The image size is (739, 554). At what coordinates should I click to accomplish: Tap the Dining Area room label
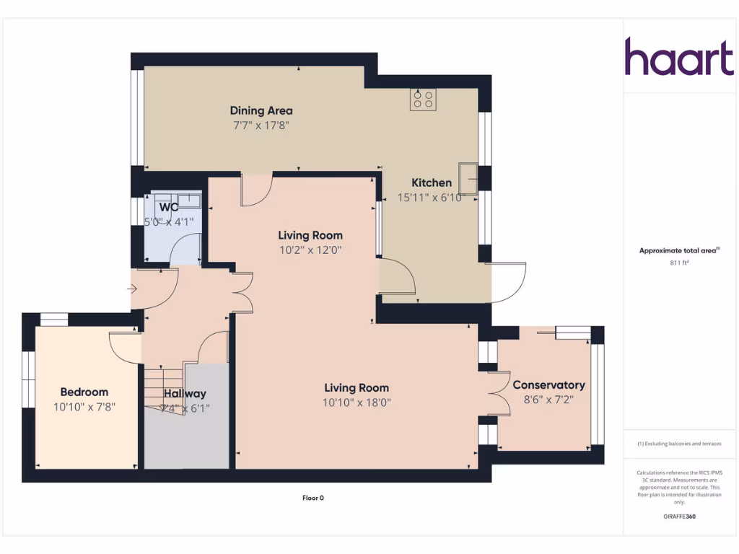pos(261,110)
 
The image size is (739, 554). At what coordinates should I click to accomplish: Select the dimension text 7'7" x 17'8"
pos(261,125)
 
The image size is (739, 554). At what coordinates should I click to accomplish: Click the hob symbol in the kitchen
pos(423,100)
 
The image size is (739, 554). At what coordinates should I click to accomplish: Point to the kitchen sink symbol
pos(468,178)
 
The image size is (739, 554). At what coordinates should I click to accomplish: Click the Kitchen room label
pos(432,183)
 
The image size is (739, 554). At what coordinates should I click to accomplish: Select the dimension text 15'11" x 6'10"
pos(430,197)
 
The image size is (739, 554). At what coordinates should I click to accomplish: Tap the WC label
pos(168,207)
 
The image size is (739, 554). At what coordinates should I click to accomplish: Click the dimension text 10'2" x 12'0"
pos(310,250)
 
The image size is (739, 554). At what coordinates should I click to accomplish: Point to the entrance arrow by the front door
pos(132,289)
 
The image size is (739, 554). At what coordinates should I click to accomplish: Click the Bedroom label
pos(84,392)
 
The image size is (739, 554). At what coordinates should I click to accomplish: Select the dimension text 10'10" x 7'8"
pos(84,406)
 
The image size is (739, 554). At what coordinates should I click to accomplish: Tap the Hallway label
pos(185,393)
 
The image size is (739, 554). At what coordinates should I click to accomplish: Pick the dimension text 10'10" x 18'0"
pos(356,403)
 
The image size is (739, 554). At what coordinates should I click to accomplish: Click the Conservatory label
pos(548,384)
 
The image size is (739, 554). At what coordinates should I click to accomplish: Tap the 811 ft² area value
pos(679,263)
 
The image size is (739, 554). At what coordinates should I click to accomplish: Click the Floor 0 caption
pos(312,498)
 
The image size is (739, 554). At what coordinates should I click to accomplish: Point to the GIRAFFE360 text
pos(679,516)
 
